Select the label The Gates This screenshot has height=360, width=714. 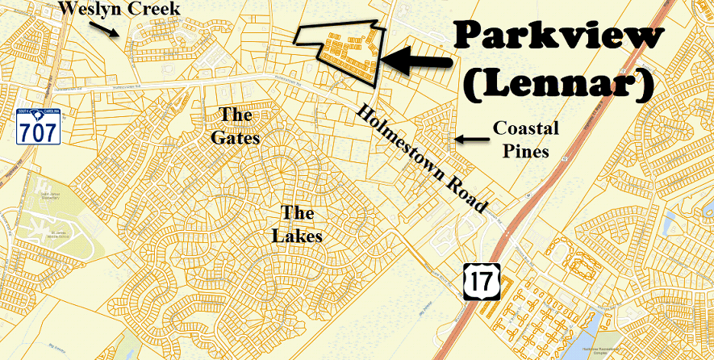pyautogui.click(x=235, y=126)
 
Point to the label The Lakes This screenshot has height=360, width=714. pyautogui.click(x=302, y=224)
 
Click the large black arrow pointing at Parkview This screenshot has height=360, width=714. pyautogui.click(x=415, y=59)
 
